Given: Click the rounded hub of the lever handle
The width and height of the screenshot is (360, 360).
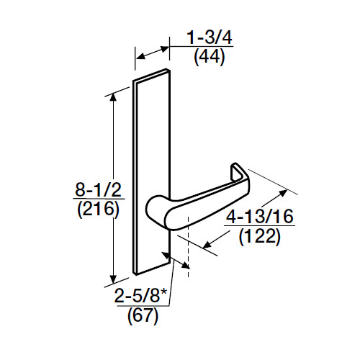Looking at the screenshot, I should click(156, 210).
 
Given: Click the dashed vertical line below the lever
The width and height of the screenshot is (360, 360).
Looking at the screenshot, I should click(187, 245).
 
